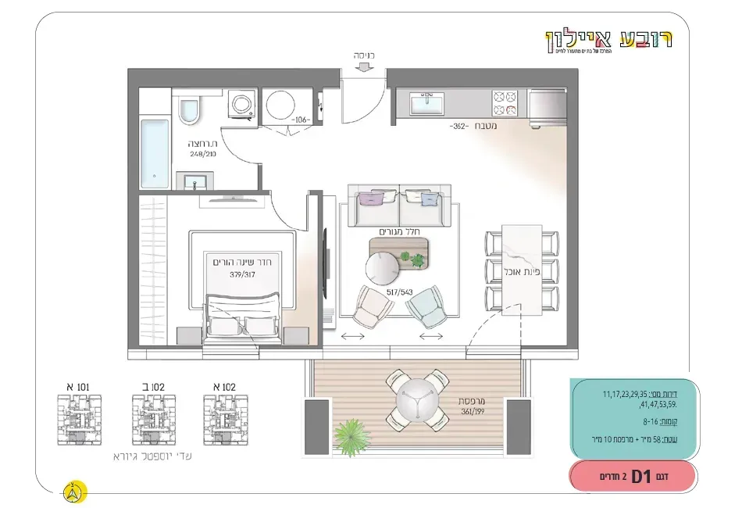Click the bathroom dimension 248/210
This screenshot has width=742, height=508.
pos(202,155)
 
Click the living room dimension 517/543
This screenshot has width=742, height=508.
pos(399,292)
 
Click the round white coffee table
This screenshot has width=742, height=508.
pos(383,269)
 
